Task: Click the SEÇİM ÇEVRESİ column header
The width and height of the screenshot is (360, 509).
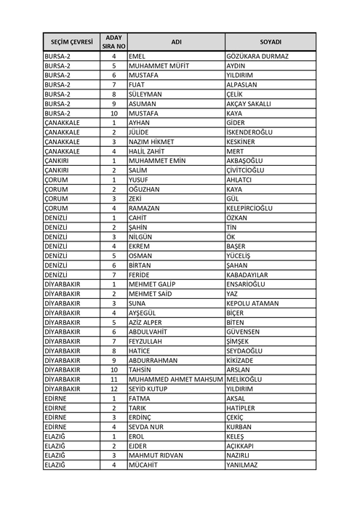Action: [71, 41]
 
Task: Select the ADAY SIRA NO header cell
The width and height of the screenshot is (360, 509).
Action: [113, 41]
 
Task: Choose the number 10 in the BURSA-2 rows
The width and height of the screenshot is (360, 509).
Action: [113, 113]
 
